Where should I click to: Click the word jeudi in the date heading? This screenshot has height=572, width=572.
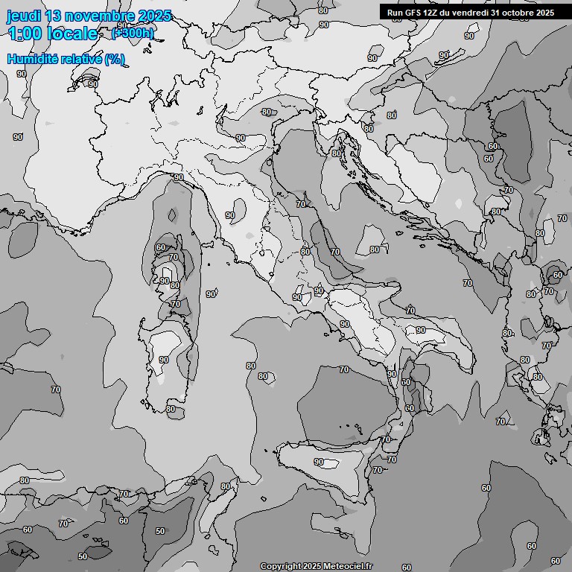(22, 16)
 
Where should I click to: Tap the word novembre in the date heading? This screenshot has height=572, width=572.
(99, 16)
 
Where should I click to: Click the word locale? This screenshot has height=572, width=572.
(72, 34)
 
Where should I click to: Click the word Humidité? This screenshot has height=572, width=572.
(32, 59)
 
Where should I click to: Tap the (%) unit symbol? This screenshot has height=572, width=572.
(114, 59)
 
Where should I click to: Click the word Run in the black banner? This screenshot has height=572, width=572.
(395, 13)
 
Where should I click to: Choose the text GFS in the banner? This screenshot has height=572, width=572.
(414, 13)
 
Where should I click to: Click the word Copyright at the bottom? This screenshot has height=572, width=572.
(280, 567)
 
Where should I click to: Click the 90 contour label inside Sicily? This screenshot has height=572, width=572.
(319, 462)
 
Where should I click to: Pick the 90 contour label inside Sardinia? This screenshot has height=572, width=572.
(163, 360)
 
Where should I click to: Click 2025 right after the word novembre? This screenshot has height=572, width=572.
(154, 16)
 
